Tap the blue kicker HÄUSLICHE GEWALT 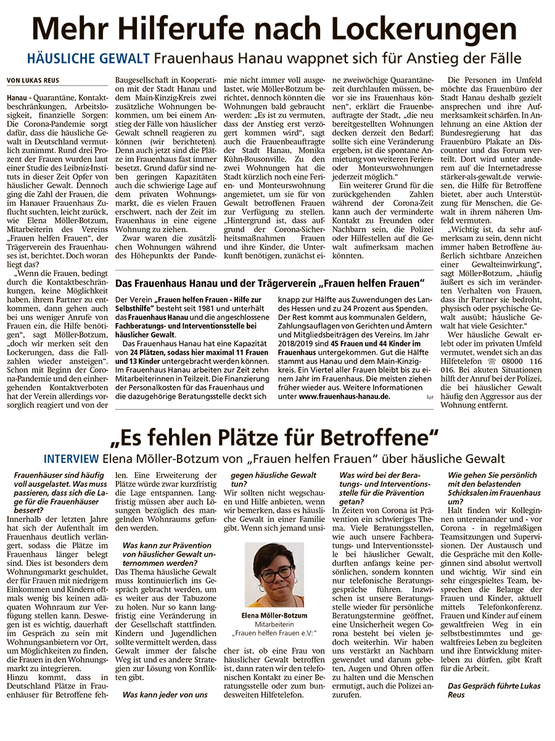click(88, 59)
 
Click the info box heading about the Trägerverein click(270, 283)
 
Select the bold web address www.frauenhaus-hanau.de click(344, 397)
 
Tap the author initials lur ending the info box click(429, 398)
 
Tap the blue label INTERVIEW click(70, 459)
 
